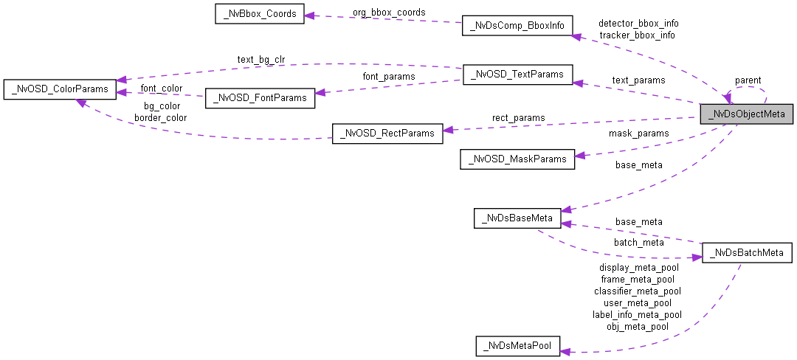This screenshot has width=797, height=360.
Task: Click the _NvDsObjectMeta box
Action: click(x=747, y=114)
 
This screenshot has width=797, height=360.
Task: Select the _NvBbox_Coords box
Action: click(x=259, y=15)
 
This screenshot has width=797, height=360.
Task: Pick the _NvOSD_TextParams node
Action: click(x=517, y=75)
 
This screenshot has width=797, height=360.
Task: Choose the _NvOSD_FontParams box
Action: click(x=260, y=98)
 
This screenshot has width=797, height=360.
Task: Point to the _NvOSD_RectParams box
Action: click(x=387, y=134)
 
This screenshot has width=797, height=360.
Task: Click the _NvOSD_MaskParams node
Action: click(x=517, y=159)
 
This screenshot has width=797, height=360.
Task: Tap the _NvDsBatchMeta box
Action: click(x=747, y=253)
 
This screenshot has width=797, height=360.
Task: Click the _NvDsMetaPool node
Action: click(x=517, y=345)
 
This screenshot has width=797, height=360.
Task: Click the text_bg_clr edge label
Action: click(x=261, y=59)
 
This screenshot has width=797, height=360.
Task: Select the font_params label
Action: click(x=388, y=76)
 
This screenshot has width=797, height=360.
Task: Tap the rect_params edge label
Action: click(x=519, y=117)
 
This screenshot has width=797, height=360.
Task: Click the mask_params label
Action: click(x=638, y=134)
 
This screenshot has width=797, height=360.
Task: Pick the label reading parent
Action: click(x=748, y=80)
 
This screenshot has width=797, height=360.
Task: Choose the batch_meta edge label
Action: click(x=638, y=242)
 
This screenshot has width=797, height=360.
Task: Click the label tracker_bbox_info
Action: click(x=637, y=35)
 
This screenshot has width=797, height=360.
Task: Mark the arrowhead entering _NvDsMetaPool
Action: click(x=565, y=352)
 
